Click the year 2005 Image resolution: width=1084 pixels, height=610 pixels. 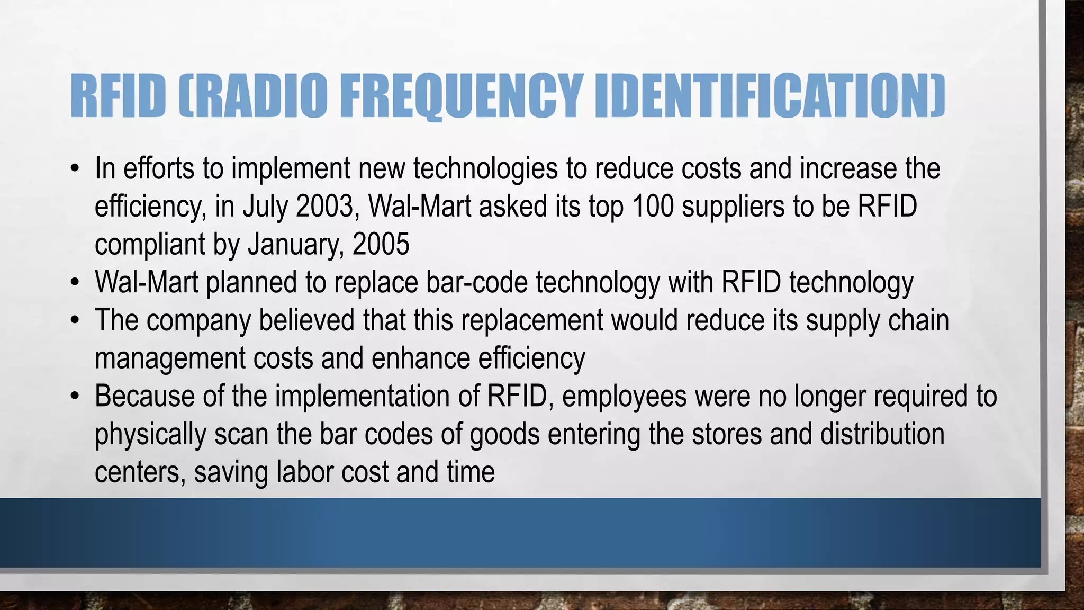click(381, 244)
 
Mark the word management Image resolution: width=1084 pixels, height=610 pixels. click(170, 358)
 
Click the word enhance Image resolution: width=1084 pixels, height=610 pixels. click(420, 358)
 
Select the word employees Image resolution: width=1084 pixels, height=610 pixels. click(624, 397)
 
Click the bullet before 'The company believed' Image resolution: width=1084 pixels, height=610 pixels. click(76, 321)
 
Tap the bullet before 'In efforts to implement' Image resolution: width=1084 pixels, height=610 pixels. click(76, 169)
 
